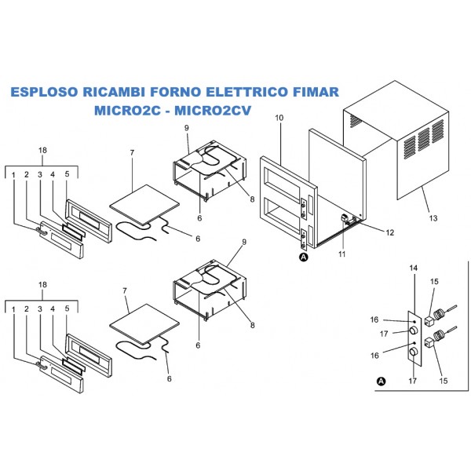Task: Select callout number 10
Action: point(278,118)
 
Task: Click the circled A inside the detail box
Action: point(382,381)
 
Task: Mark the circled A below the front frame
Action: point(303,257)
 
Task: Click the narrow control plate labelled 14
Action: point(411,338)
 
